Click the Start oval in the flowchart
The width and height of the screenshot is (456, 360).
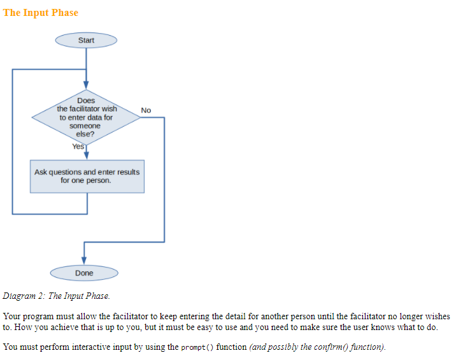pos(86,40)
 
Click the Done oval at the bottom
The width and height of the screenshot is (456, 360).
pos(84,273)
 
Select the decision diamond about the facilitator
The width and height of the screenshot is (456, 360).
pos(86,117)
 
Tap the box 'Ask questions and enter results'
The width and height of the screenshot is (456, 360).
pos(87,176)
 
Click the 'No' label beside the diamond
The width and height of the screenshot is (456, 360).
pos(146,110)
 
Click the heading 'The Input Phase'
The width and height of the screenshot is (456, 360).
pos(41,13)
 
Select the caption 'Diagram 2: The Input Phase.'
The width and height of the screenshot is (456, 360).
pos(57,296)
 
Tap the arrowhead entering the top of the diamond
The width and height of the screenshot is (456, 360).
pos(86,87)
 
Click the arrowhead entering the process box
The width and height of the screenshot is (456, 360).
pos(86,154)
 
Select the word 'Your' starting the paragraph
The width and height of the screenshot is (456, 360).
pos(13,317)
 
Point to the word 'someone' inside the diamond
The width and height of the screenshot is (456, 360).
pos(85,126)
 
